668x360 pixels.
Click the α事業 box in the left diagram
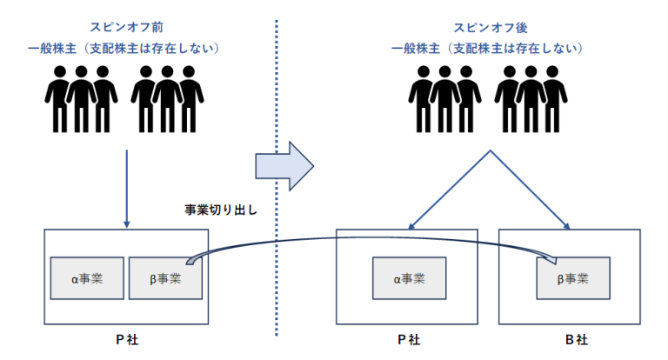tap(87, 277)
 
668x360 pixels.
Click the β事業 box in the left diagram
tap(165, 277)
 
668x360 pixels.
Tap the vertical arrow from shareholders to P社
tap(127, 187)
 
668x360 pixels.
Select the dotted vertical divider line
tap(275, 261)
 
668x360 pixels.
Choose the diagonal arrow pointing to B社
tap(531, 191)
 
